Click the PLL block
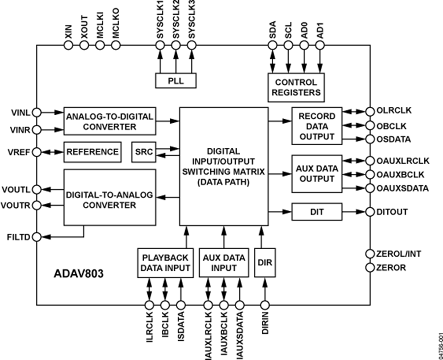coord(175,81)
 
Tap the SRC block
coord(143,152)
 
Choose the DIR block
coord(265,263)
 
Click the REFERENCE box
coord(93,152)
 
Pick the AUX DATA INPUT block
coord(223,263)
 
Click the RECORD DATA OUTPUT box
coord(316,126)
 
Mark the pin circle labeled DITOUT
coord(369,212)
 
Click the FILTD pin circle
coord(37,237)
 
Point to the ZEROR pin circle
coord(369,267)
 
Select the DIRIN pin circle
coord(265,305)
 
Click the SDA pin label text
coord(273,29)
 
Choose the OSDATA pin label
coord(394,139)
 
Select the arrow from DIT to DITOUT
coord(352,212)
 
